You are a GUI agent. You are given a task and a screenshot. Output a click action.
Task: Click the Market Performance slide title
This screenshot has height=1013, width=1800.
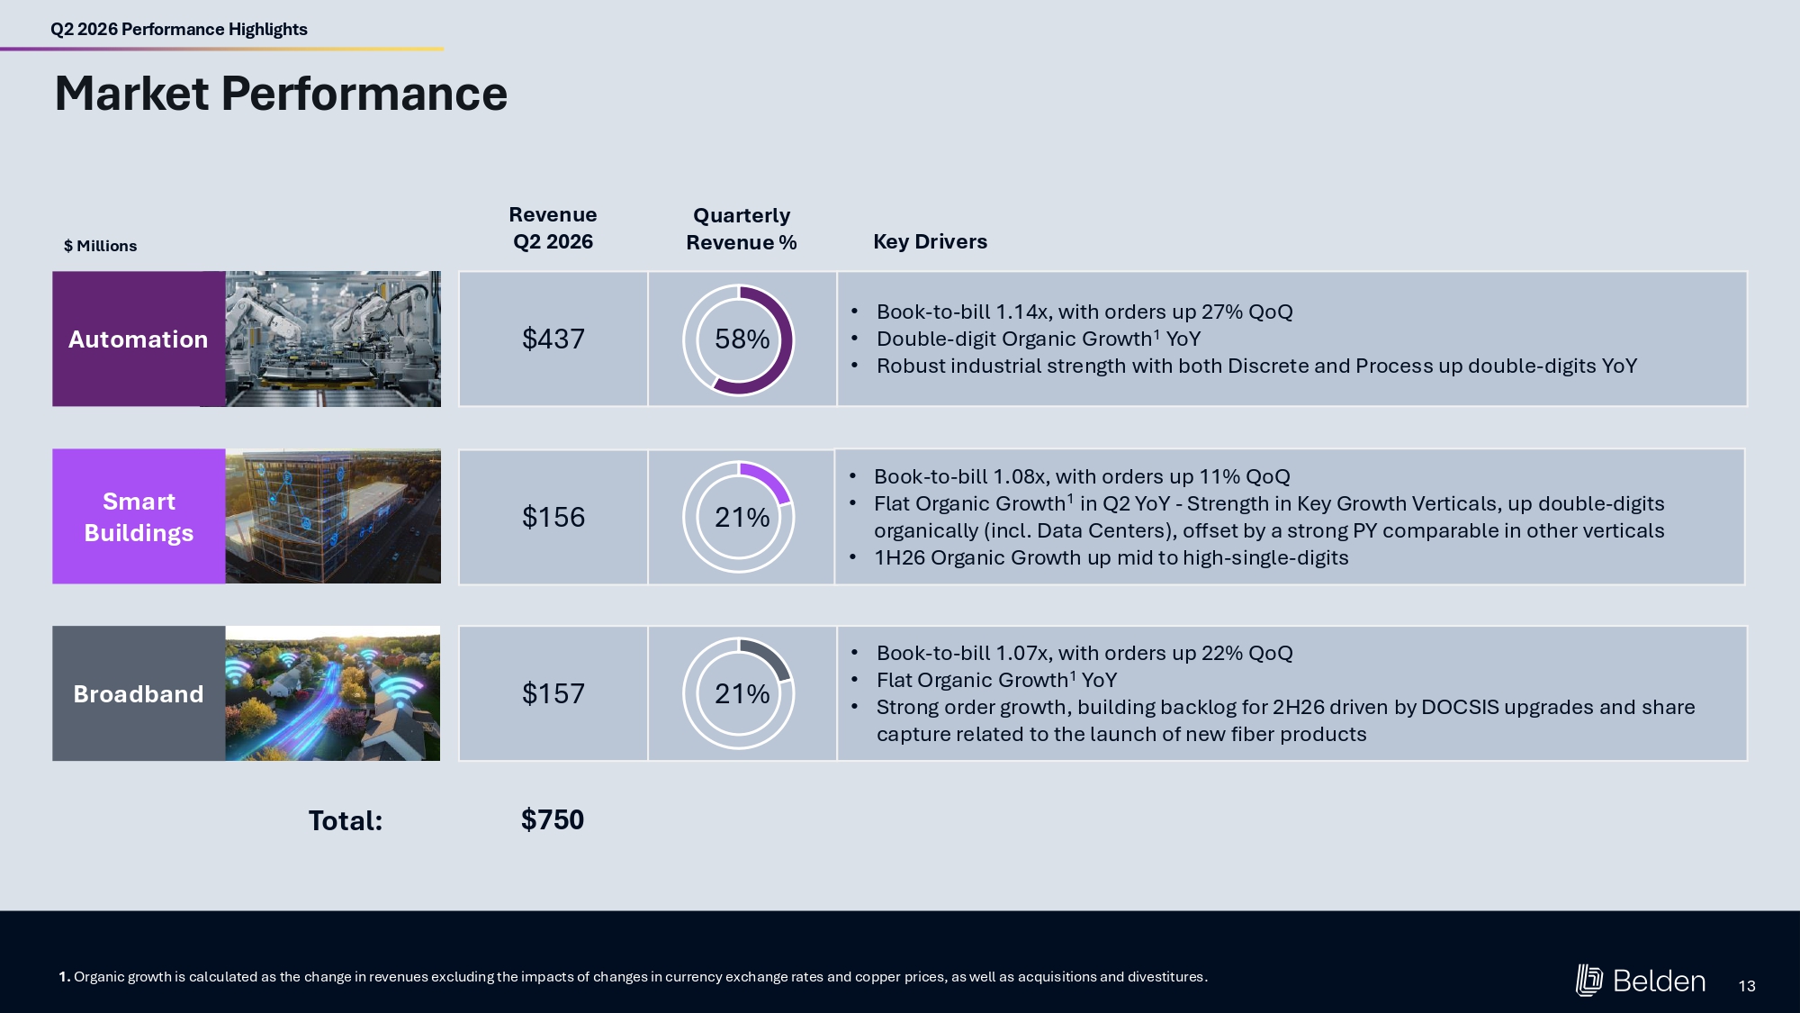[x=281, y=94]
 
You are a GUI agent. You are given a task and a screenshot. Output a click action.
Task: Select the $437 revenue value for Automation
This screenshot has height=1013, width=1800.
[x=553, y=339]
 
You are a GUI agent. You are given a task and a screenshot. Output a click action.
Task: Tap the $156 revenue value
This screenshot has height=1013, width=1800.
[x=553, y=517]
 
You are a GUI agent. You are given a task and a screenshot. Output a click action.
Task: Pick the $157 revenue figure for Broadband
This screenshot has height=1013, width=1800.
[x=553, y=693]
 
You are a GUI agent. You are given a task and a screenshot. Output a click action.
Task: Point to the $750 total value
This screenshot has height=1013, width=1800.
[x=553, y=819]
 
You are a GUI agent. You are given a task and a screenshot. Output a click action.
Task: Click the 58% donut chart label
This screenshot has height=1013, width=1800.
[x=742, y=339]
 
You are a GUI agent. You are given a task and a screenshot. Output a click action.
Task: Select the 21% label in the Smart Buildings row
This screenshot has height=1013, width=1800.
[x=742, y=517]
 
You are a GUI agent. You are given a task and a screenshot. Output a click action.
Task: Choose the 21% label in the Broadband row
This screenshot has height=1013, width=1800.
[x=742, y=693]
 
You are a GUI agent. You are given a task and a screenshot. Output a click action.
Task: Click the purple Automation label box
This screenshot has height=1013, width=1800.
[x=139, y=339]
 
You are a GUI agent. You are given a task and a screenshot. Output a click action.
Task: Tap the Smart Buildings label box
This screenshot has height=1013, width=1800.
[x=139, y=516]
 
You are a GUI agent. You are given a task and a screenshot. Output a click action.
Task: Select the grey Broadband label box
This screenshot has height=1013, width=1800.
[x=139, y=693]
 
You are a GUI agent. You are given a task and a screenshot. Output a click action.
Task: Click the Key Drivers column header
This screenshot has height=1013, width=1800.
[x=930, y=241]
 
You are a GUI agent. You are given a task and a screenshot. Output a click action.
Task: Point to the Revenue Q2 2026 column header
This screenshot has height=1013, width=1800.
[x=553, y=228]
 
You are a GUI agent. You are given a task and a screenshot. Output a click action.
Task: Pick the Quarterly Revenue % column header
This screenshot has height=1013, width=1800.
[x=742, y=229]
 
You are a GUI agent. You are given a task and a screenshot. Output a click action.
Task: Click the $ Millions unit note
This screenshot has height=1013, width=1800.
[x=100, y=246]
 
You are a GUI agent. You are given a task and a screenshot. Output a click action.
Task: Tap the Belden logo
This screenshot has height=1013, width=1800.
[x=1640, y=981]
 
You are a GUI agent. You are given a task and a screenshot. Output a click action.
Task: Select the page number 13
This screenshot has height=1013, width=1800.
[x=1747, y=986]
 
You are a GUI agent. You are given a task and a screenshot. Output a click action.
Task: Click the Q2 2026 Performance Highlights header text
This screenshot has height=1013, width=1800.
[x=179, y=29]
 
